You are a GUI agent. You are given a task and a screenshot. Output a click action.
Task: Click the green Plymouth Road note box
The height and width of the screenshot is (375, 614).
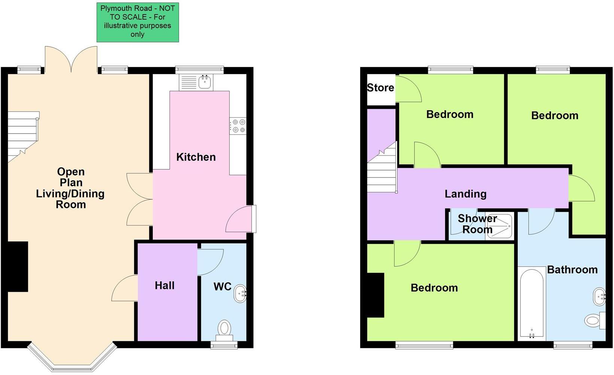138,22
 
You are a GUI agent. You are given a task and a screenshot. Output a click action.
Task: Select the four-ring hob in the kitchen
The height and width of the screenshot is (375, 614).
238,126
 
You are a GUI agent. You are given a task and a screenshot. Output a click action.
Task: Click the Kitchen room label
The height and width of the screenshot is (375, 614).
196,157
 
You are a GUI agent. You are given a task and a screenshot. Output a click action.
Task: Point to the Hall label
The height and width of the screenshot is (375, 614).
165,285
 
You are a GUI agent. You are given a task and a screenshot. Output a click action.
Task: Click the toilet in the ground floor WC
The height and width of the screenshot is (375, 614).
224,329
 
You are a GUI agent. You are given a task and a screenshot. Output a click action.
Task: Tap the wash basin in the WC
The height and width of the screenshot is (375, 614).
240,293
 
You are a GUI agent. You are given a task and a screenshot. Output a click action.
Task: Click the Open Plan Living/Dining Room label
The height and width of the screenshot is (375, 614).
70,188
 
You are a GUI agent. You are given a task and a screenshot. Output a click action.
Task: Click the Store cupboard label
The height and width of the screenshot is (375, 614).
380,88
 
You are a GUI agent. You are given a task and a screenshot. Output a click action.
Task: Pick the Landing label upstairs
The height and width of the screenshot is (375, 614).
465,194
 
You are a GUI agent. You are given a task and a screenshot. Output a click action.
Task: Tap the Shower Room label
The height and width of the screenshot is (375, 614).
477,224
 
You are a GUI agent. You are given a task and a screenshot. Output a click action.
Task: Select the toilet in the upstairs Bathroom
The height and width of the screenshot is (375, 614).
594,320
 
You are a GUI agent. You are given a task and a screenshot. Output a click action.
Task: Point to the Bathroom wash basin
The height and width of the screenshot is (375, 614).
599,297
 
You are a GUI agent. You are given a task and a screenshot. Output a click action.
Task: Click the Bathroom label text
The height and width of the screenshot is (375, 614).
572,270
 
